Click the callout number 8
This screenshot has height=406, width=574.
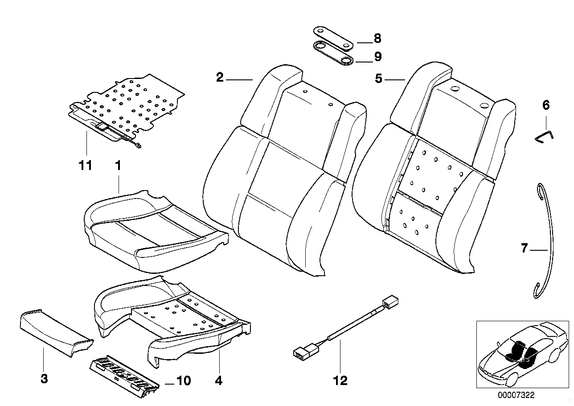[x=377, y=39]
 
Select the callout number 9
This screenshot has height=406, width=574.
[x=377, y=57]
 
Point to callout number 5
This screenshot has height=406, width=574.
[x=378, y=79]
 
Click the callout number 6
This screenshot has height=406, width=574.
[x=546, y=106]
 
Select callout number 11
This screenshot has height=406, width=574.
[x=86, y=166]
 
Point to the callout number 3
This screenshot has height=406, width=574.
[x=44, y=379]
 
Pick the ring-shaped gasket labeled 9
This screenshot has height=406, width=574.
[x=333, y=53]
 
